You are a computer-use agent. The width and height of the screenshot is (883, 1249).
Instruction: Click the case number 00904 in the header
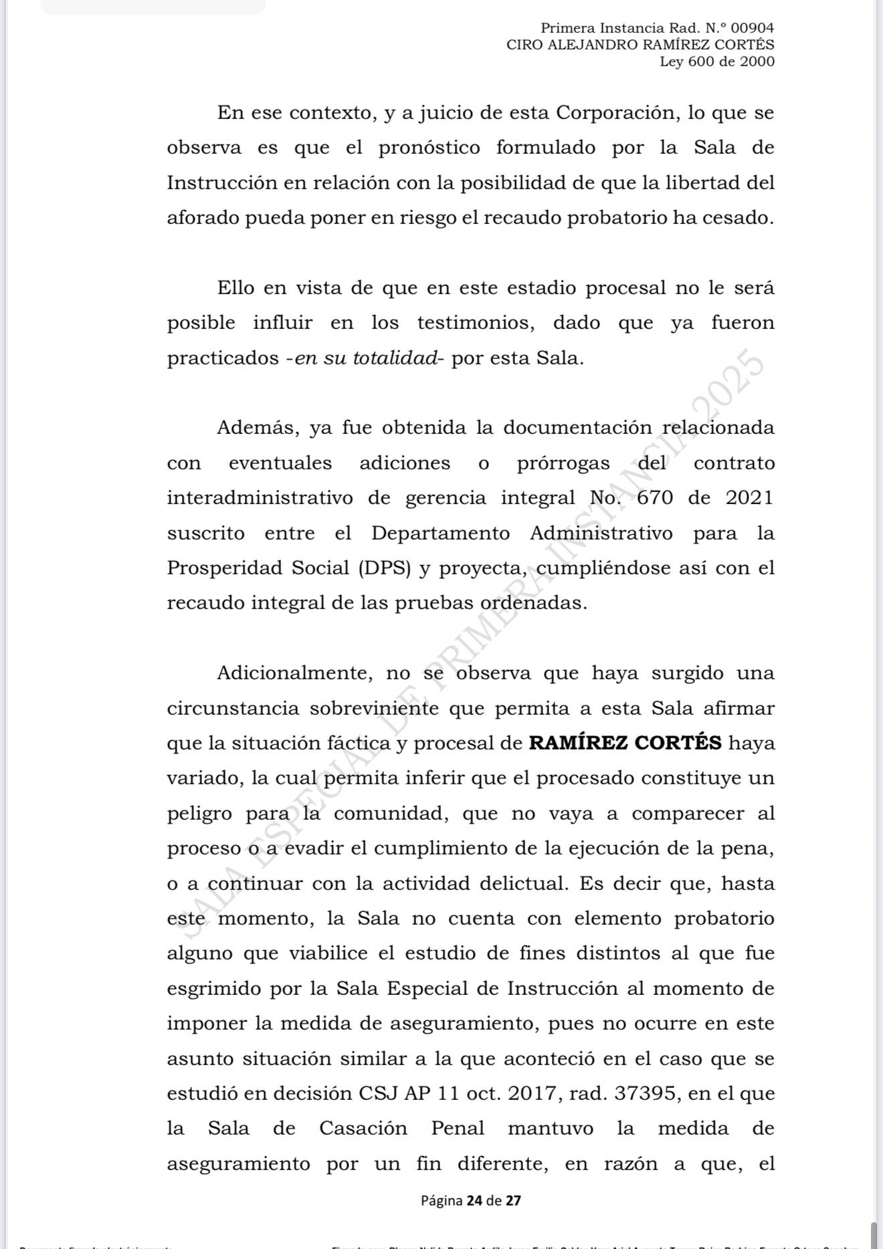click(x=753, y=28)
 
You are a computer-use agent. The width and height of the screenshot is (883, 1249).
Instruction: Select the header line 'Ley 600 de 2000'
click(x=717, y=62)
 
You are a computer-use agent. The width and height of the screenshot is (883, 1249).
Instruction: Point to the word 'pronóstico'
click(x=429, y=148)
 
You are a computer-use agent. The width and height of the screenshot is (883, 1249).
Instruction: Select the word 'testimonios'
click(x=476, y=323)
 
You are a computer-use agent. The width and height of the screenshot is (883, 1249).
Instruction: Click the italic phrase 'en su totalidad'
click(x=366, y=358)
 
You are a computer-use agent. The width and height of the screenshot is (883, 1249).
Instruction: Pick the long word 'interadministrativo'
click(x=260, y=498)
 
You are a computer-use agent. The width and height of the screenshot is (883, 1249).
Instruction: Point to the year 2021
click(x=750, y=498)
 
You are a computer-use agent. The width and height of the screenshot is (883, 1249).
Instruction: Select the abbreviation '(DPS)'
click(x=384, y=568)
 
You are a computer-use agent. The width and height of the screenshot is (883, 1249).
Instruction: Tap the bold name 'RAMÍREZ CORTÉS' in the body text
click(x=625, y=744)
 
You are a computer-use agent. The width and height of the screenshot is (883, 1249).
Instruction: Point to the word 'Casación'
click(x=363, y=1129)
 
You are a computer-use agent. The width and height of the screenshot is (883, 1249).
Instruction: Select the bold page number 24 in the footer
click(x=474, y=1200)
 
